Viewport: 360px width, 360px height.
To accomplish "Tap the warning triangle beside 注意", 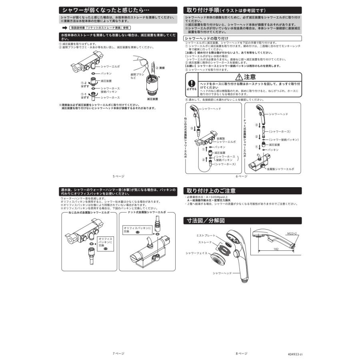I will [x=239, y=77].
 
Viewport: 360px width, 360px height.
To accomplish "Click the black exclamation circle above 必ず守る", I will [x=192, y=84].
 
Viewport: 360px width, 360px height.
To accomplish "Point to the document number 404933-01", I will [x=295, y=354].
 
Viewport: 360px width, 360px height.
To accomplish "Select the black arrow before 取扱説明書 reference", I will [x=64, y=28].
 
